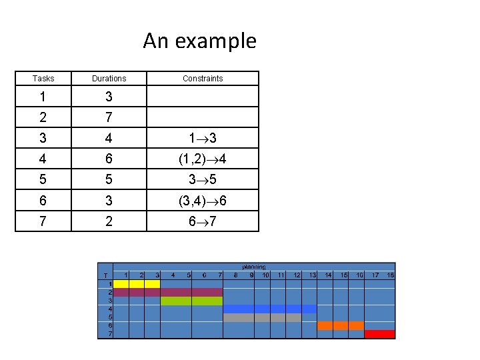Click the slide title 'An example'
pos(199,41)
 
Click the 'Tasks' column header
pos(43,79)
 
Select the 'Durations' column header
pos(109,79)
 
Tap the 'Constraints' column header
pos(203,79)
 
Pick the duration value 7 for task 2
pos(109,117)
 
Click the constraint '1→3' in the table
pos(203,139)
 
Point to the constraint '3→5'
pos(203,180)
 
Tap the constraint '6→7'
pos(203,221)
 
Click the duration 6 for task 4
pos(109,159)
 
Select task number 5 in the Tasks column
pos(43,180)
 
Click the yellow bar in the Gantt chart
pos(137,284)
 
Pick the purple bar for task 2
pos(167,292)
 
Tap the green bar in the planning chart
pos(191,301)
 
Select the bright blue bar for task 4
pos(269,309)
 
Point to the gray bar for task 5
pos(262,317)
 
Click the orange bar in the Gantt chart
pos(341,325)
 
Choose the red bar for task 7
pos(380,334)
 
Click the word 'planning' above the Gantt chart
pos(253,267)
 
